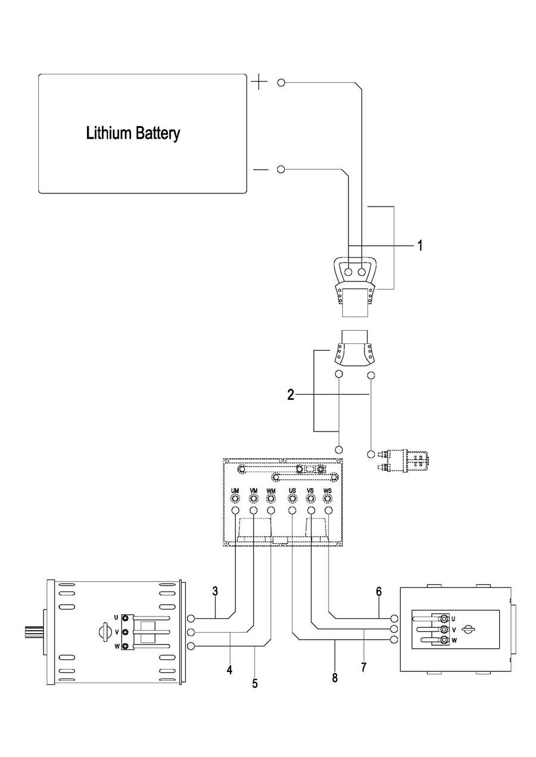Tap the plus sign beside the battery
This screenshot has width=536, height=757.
pos(259,82)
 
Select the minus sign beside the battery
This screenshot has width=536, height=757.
pos(261,170)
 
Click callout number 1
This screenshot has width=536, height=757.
pos(419,245)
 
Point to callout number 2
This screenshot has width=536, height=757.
pos(291,395)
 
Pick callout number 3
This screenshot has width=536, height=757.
pos(215,592)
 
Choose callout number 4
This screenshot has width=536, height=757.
pos(229,670)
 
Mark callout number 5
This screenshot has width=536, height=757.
pos(255,684)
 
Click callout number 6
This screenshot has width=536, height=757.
pos(379,592)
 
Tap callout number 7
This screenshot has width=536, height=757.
pos(363,667)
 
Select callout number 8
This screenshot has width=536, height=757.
pos(335,677)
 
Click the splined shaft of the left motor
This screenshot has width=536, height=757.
pos(32,631)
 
